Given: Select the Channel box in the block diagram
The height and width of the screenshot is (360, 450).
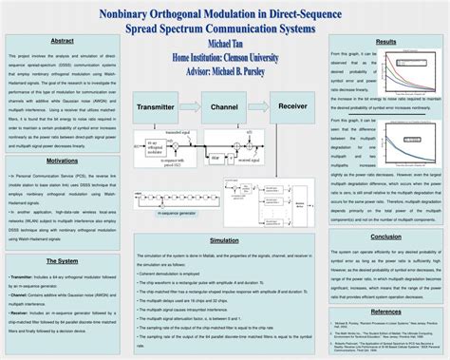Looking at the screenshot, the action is (224, 108).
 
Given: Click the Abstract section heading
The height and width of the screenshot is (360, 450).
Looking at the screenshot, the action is (62, 42).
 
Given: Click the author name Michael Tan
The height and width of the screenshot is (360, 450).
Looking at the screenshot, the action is (224, 45).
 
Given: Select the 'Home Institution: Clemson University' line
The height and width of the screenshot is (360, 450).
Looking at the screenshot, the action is (224, 57).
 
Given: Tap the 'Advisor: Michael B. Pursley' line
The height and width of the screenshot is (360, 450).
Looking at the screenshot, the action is (224, 69).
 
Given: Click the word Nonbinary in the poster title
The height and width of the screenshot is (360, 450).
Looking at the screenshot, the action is (140, 13).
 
